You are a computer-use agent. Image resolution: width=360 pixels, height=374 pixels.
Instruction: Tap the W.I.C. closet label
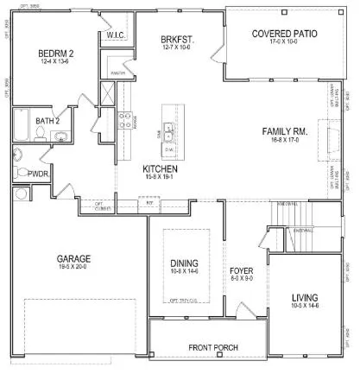117,35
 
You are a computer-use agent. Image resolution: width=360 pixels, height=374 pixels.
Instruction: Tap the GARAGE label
74,258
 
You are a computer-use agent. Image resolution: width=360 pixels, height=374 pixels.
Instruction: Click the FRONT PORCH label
213,348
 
